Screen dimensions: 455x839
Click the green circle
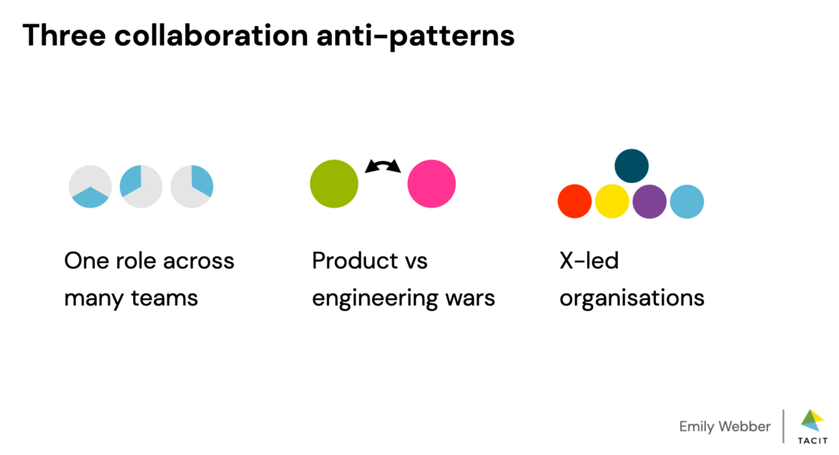click(x=334, y=184)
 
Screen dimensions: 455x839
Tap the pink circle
click(x=431, y=184)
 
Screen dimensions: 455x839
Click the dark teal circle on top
click(x=631, y=166)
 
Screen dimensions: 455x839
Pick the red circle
click(x=575, y=201)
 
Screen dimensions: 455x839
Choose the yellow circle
click(x=612, y=201)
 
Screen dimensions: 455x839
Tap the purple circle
click(x=649, y=201)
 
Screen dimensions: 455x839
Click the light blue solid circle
click(x=686, y=201)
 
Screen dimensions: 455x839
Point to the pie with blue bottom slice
click(x=90, y=186)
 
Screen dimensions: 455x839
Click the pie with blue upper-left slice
click(x=141, y=186)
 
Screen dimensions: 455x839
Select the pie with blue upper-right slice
click(x=192, y=186)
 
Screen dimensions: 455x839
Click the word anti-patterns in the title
click(x=416, y=35)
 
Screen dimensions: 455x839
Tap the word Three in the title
click(x=64, y=35)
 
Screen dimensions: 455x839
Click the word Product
click(x=355, y=261)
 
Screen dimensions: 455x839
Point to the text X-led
click(x=589, y=261)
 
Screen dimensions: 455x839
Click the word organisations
click(x=632, y=298)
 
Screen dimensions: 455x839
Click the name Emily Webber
click(x=725, y=426)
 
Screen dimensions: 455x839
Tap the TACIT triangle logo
click(x=812, y=421)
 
